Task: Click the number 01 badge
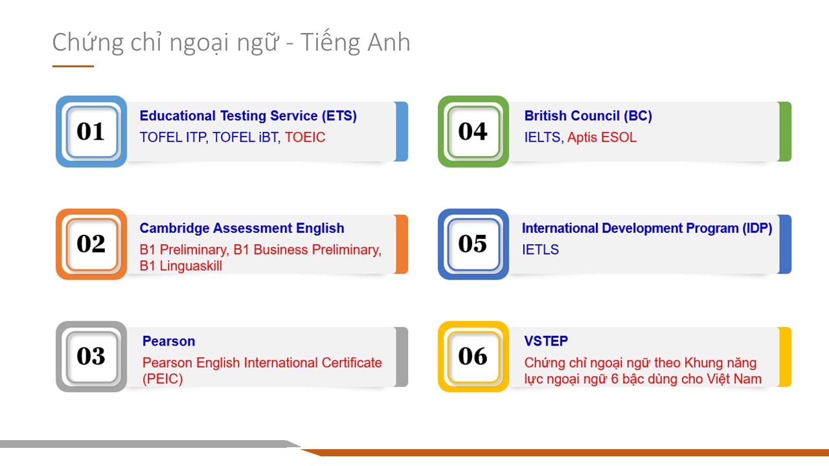click(91, 131)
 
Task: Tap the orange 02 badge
click(91, 244)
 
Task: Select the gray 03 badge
click(91, 357)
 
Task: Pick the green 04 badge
click(473, 131)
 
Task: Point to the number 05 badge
click(473, 244)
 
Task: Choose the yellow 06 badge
click(473, 357)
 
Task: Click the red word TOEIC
click(304, 137)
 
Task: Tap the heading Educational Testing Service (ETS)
click(248, 116)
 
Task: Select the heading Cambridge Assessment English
click(242, 228)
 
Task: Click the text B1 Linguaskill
click(181, 266)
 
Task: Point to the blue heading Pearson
click(169, 341)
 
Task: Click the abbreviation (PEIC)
click(163, 379)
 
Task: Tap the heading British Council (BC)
click(588, 116)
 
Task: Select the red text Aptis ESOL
click(602, 137)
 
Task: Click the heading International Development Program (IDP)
click(647, 228)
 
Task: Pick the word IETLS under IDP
click(540, 250)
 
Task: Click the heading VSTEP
click(546, 341)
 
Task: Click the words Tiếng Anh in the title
click(355, 42)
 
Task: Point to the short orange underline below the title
click(73, 66)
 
